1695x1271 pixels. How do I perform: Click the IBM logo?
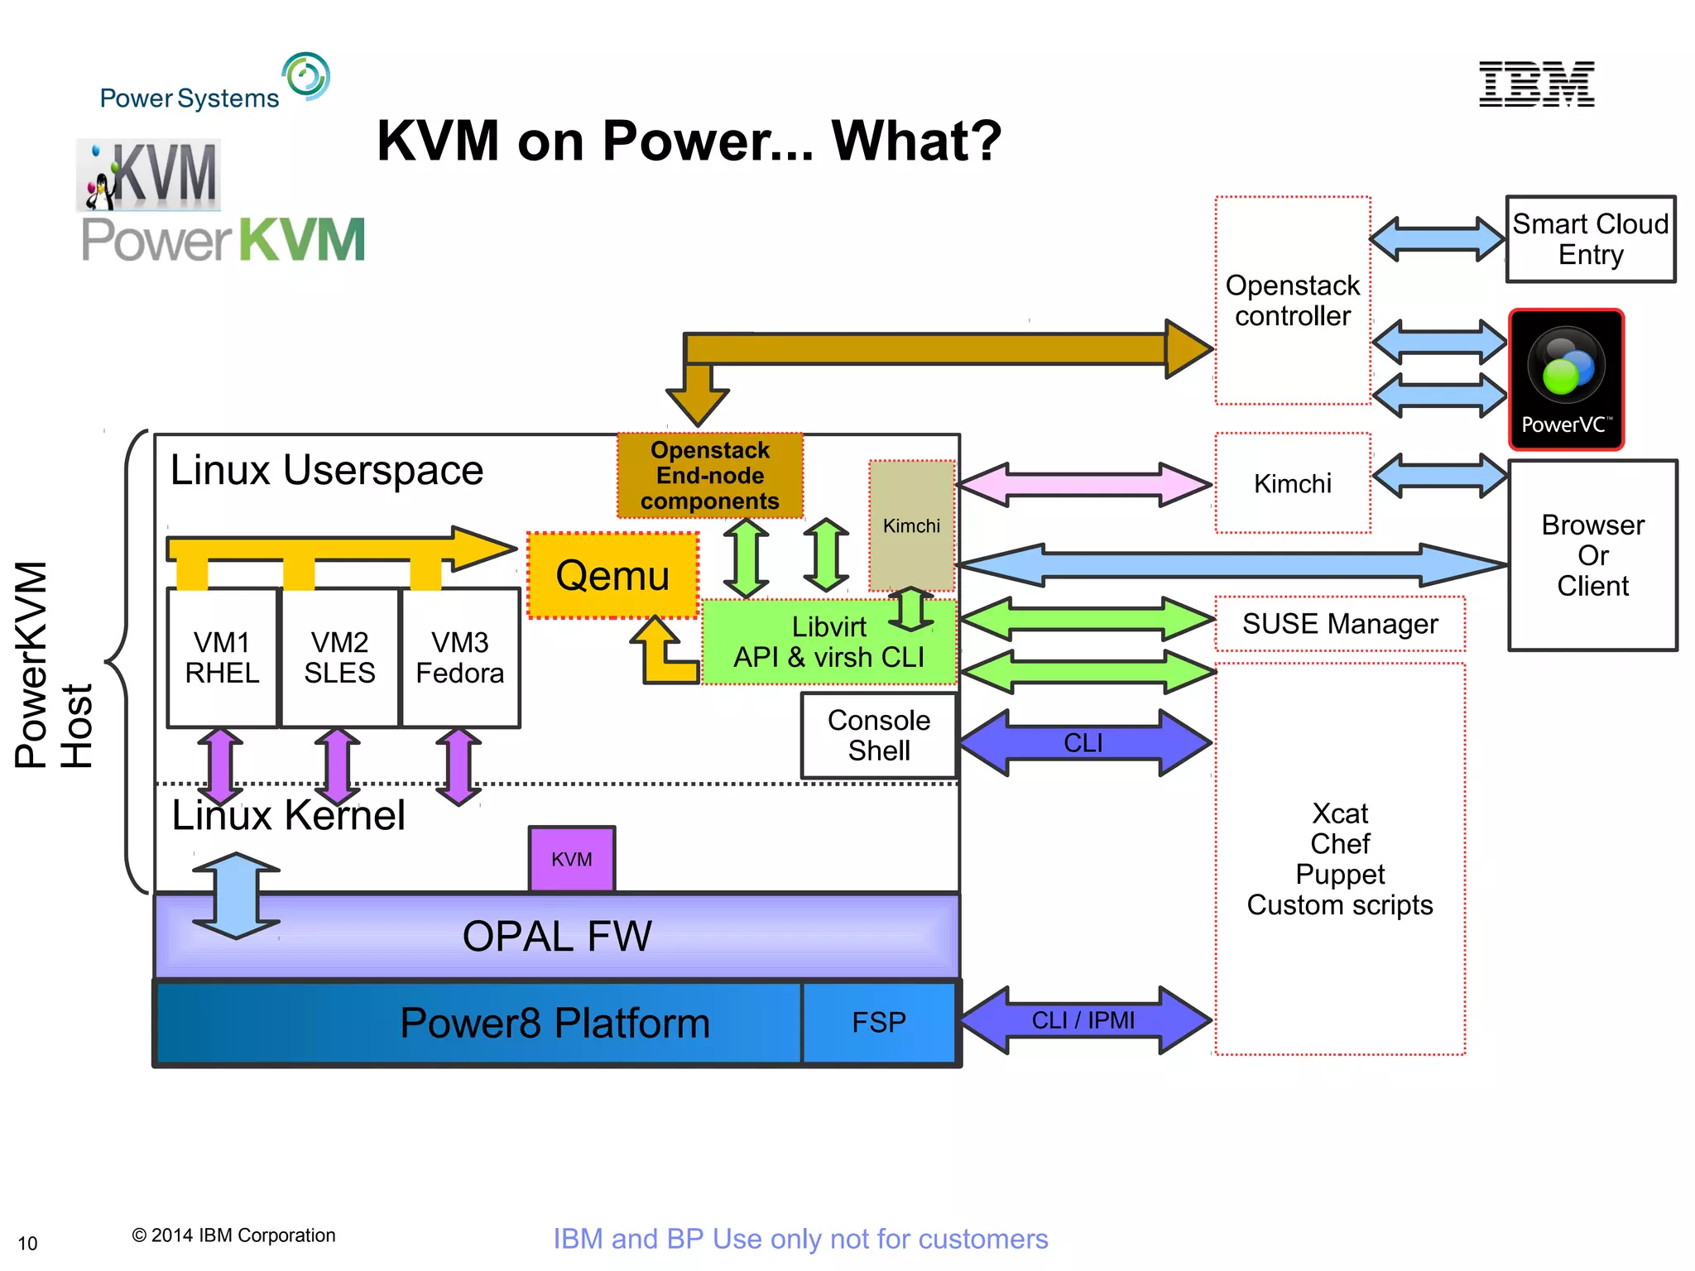tap(1536, 84)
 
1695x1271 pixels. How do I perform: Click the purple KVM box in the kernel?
tap(572, 859)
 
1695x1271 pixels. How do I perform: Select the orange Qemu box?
tap(612, 575)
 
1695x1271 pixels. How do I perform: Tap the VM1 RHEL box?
tap(222, 658)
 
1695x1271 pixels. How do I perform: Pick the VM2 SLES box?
tap(339, 658)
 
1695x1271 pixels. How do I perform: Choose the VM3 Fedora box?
tap(460, 658)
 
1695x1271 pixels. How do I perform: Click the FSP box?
tap(879, 1023)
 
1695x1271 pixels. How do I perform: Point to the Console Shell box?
tap(879, 736)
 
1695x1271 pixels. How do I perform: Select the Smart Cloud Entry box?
tap(1590, 239)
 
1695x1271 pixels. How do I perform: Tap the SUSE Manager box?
tap(1340, 624)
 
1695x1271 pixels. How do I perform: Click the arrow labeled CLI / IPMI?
tap(1083, 1020)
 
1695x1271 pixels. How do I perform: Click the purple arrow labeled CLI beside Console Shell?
tap(1083, 742)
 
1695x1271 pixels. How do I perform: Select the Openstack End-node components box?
tap(710, 476)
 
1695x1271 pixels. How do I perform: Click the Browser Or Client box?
tap(1592, 555)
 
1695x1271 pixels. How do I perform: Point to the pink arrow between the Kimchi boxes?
tap(1083, 485)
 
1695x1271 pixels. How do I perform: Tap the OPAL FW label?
tap(557, 937)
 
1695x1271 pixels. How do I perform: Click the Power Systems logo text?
tap(190, 98)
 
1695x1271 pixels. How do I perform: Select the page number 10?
tap(27, 1244)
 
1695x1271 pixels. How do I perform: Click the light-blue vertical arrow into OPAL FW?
tap(237, 895)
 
